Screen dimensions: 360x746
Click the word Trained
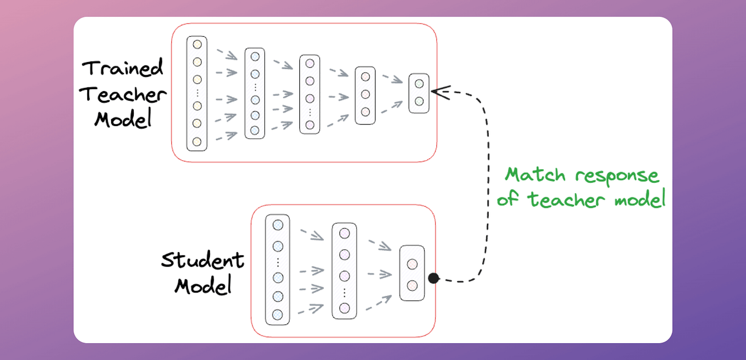pos(123,68)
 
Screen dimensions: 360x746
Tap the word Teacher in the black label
pos(125,95)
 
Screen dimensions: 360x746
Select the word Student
pos(202,260)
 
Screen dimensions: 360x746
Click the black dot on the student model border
pos(433,279)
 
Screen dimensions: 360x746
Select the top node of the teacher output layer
pos(419,83)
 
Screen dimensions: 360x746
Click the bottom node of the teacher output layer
pos(419,101)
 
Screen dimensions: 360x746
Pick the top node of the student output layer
pos(412,265)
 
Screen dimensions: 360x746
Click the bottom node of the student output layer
pos(412,285)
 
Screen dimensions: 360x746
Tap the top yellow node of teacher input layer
pos(197,45)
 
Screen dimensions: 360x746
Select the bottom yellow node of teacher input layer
pos(197,141)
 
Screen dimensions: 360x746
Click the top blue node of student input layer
pos(278,225)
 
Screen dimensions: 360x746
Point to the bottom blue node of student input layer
pos(278,314)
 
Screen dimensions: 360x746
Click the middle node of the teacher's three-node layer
pos(365,94)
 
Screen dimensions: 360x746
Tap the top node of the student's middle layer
pos(344,234)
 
